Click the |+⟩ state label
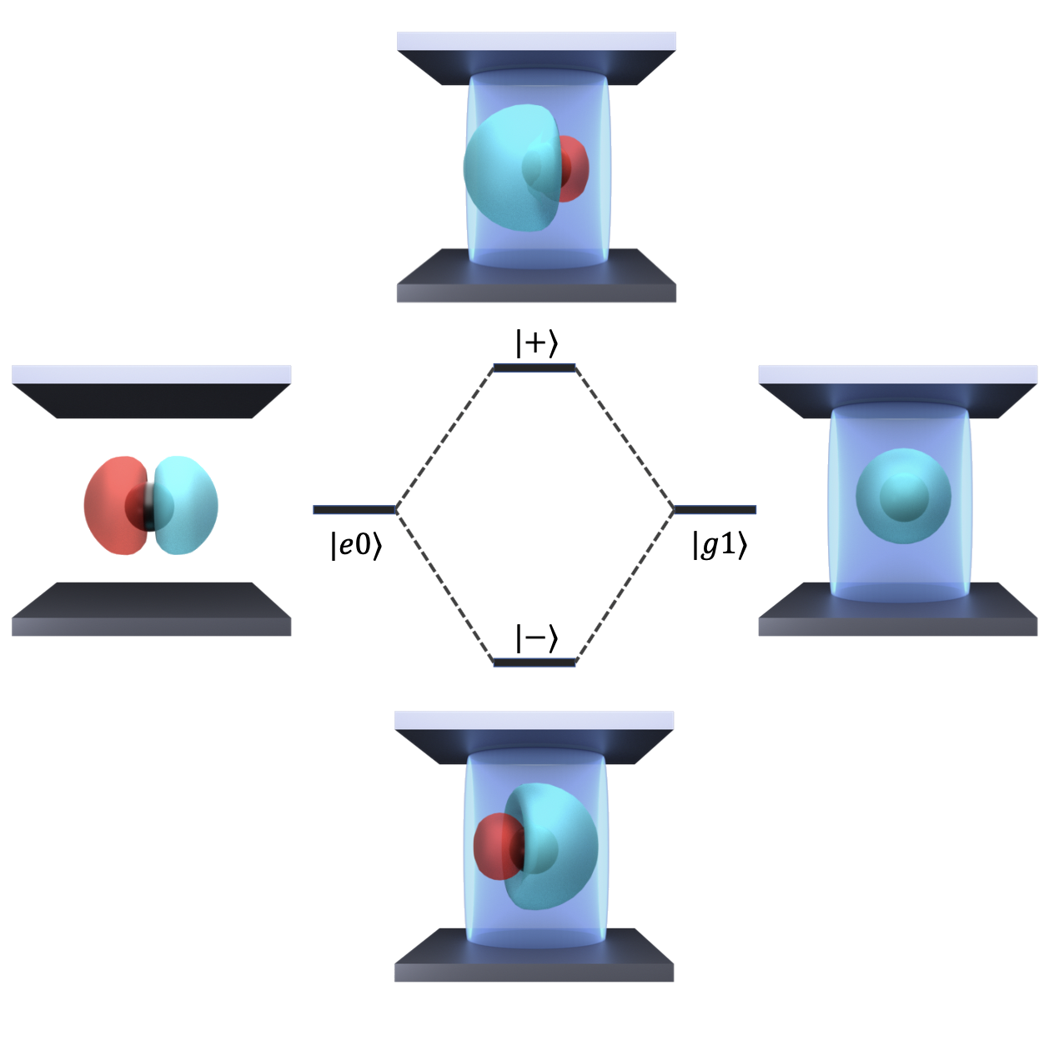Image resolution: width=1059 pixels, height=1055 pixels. (x=535, y=343)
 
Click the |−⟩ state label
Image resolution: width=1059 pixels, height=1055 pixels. (x=535, y=639)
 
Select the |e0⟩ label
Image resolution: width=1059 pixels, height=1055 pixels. (x=356, y=545)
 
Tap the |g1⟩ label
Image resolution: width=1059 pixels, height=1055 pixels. (x=720, y=545)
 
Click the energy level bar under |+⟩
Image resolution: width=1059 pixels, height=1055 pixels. (x=535, y=367)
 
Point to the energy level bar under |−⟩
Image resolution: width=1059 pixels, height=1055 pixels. (x=535, y=662)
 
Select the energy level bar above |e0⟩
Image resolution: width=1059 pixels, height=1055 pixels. (x=354, y=509)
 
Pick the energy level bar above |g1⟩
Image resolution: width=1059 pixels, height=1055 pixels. (x=715, y=509)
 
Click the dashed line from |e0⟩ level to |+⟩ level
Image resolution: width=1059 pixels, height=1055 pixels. (x=444, y=438)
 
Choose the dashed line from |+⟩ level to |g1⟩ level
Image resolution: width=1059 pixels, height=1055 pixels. (x=625, y=438)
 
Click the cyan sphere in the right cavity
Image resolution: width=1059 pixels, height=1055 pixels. (x=903, y=497)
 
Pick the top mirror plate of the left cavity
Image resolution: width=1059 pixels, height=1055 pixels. (x=151, y=392)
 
